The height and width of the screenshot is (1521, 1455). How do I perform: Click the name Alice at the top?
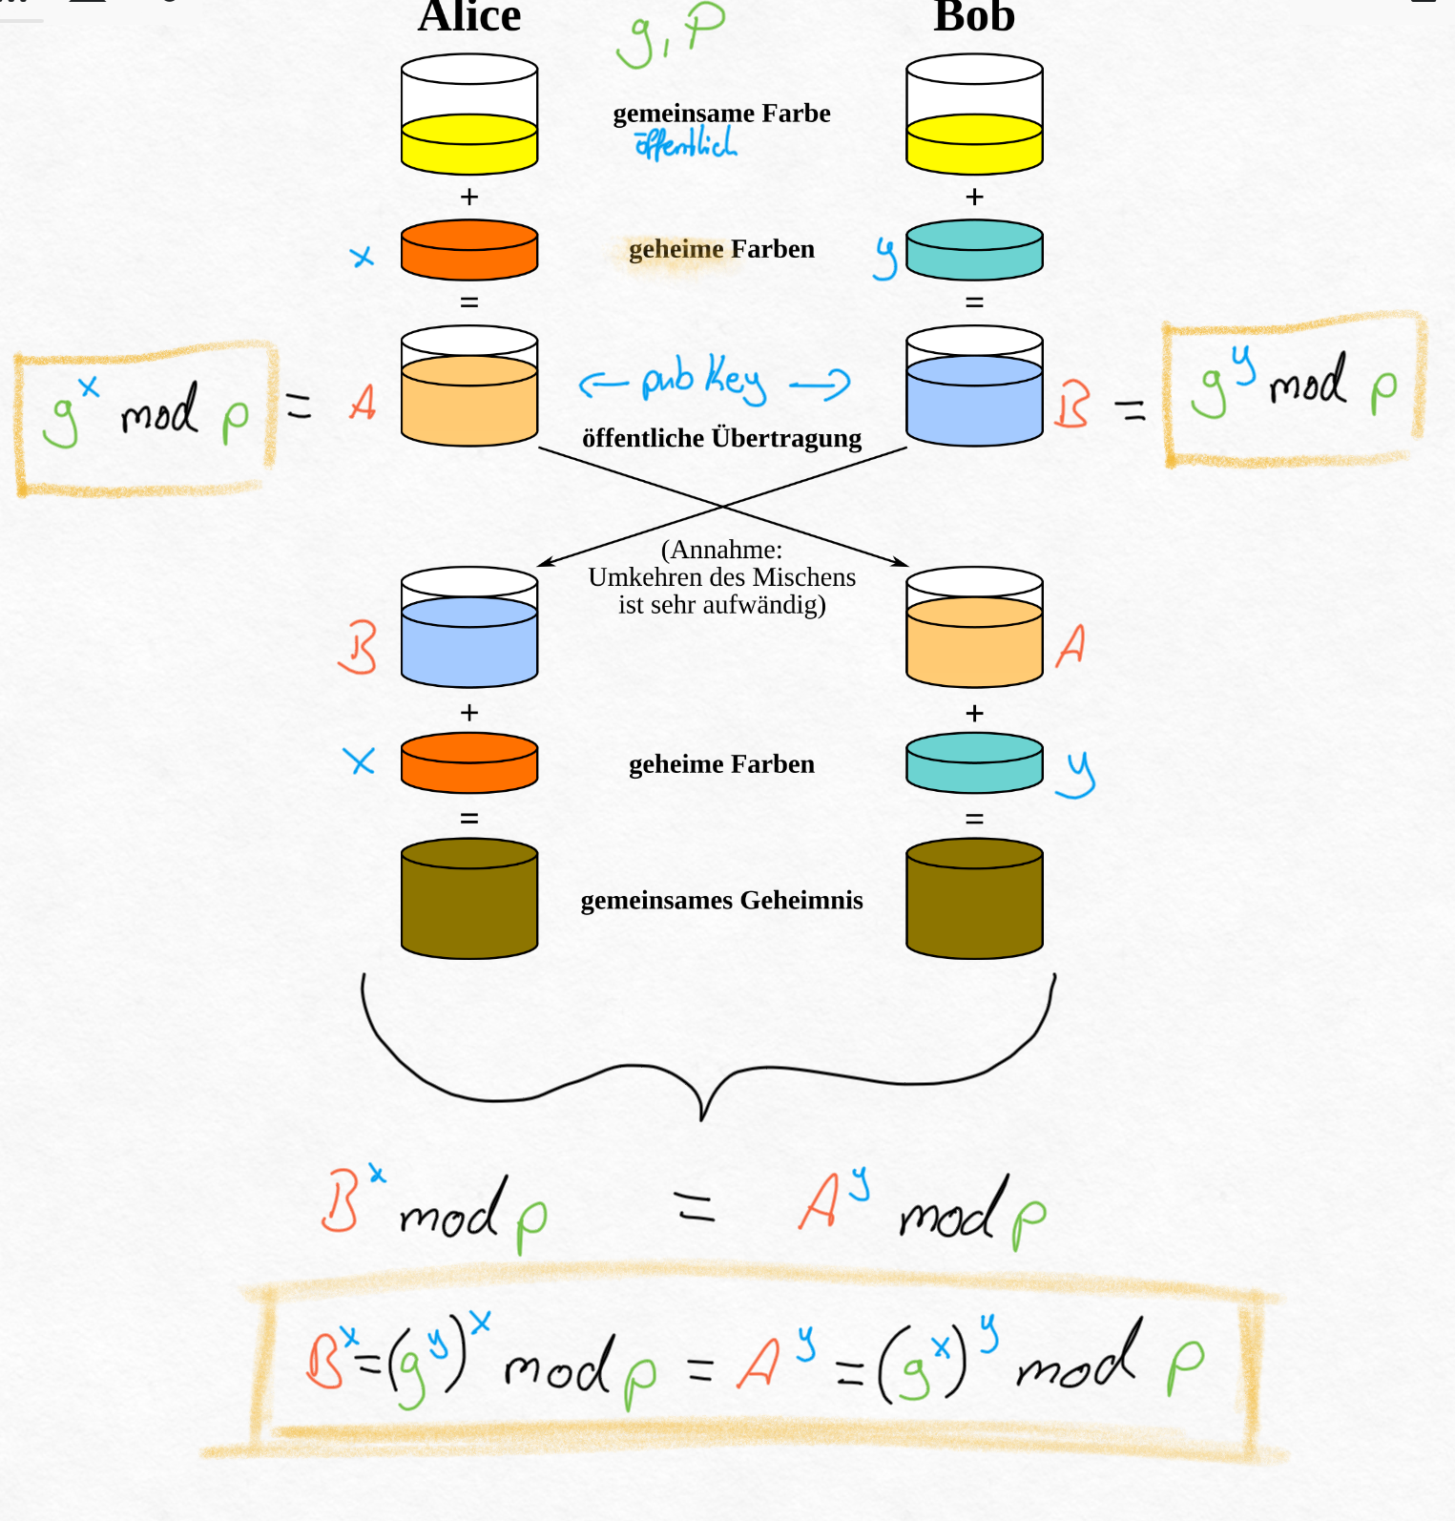click(469, 16)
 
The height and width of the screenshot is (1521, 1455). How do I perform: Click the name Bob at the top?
click(974, 16)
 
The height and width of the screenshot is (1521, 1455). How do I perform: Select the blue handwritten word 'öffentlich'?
click(685, 144)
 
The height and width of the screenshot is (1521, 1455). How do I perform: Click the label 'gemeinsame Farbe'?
click(721, 114)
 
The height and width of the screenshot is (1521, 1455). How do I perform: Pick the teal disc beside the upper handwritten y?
click(974, 250)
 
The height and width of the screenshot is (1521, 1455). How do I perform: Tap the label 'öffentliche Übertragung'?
click(721, 438)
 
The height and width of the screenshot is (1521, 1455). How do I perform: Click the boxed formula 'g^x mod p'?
click(145, 416)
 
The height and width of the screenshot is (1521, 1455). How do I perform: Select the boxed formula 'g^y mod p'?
click(1294, 385)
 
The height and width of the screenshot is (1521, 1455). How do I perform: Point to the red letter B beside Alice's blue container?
click(359, 647)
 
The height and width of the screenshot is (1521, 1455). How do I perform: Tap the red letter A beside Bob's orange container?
click(1071, 645)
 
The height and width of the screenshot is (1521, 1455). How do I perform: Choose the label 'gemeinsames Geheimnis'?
click(721, 900)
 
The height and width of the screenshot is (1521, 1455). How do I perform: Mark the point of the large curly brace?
click(702, 1116)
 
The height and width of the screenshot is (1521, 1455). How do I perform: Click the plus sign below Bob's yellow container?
click(974, 198)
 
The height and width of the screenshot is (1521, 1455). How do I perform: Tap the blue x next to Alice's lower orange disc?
click(360, 760)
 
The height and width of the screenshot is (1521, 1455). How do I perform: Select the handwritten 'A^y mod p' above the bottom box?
click(921, 1206)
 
